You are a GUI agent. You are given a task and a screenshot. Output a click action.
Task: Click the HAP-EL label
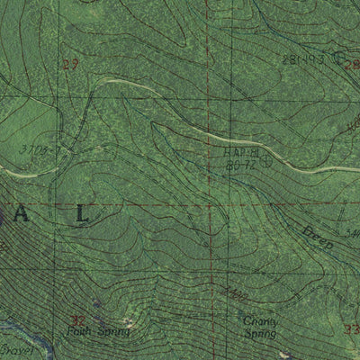241,153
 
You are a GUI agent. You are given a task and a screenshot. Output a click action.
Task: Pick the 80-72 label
238,166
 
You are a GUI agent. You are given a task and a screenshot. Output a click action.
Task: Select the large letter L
83,214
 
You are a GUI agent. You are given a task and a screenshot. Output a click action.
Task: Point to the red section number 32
78,319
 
